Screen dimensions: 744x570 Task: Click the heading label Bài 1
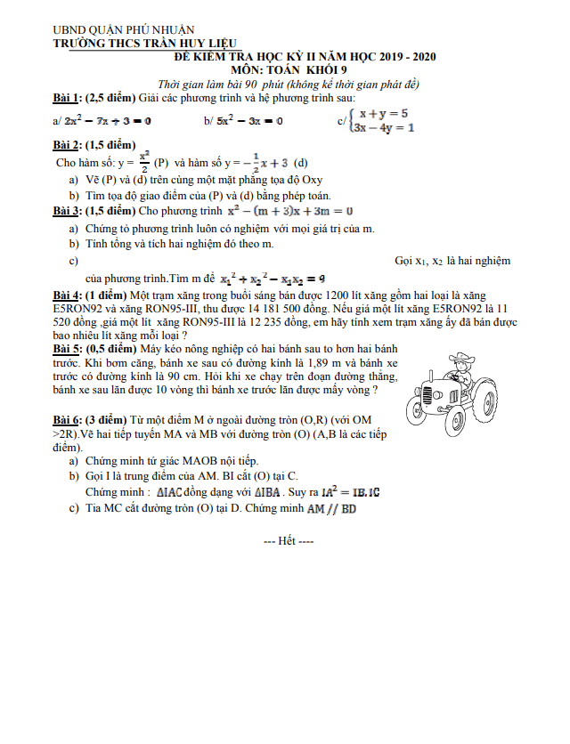[x=67, y=97]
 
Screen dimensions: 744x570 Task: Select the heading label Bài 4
[x=67, y=295]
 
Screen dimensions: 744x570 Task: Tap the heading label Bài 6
[x=67, y=419]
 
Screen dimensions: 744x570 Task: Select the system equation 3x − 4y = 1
[x=383, y=127]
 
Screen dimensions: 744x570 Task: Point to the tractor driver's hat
[x=461, y=356]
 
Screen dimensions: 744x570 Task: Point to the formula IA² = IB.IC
[x=351, y=490]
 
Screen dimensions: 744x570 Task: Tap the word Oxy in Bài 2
[x=305, y=178]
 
